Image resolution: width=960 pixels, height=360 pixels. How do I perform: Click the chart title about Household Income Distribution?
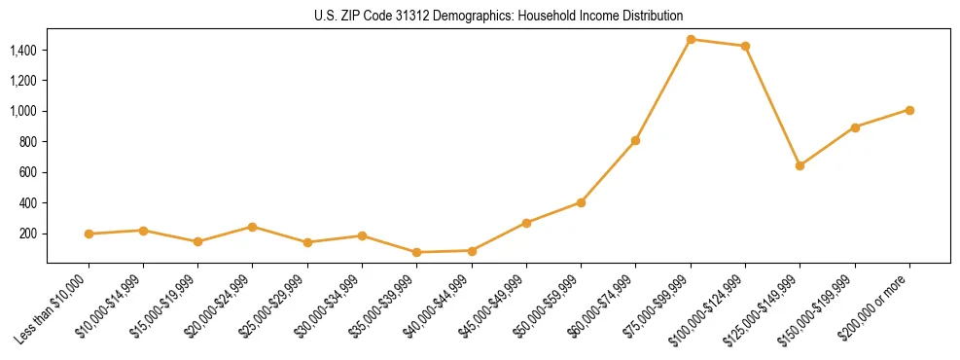point(498,16)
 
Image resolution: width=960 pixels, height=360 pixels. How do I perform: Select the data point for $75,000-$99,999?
point(691,39)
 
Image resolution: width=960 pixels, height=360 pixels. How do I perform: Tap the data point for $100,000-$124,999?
point(745,46)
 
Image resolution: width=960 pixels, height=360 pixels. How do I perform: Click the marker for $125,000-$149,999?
point(800,165)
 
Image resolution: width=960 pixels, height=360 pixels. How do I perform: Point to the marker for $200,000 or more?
point(909,110)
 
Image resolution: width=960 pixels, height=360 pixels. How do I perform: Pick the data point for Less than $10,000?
point(89,234)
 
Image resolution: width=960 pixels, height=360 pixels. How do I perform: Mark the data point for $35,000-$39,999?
point(417,252)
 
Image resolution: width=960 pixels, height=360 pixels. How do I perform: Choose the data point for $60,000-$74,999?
point(635,140)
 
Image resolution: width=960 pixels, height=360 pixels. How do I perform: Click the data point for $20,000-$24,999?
point(253,227)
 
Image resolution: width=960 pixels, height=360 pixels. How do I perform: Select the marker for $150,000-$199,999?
point(855,127)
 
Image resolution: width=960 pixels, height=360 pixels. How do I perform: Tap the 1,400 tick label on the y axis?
point(23,50)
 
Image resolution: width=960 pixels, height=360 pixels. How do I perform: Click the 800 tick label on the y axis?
point(28,142)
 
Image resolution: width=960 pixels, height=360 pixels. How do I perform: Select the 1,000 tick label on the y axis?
point(23,111)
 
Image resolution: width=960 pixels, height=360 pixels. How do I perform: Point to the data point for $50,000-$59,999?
point(581,202)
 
